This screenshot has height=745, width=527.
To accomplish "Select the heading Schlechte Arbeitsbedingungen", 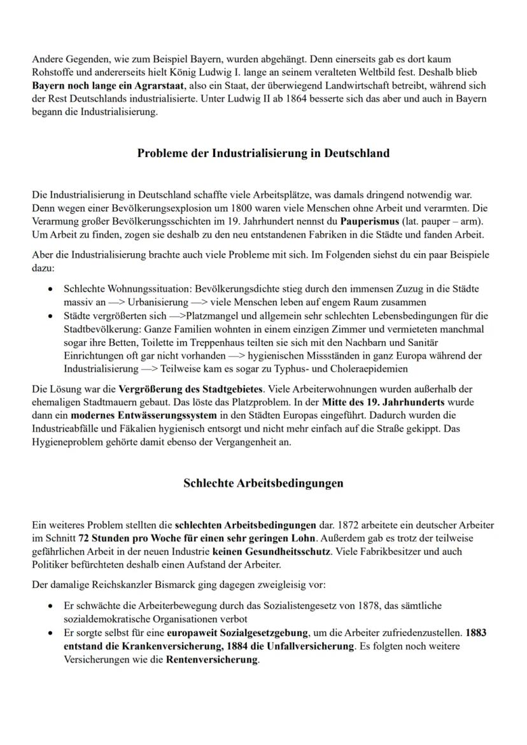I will click(x=263, y=483).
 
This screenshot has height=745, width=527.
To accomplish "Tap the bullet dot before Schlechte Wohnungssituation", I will click(x=50, y=289).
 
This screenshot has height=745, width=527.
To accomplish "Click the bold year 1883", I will click(x=477, y=633).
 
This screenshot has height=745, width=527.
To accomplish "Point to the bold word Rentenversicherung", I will click(x=212, y=660).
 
